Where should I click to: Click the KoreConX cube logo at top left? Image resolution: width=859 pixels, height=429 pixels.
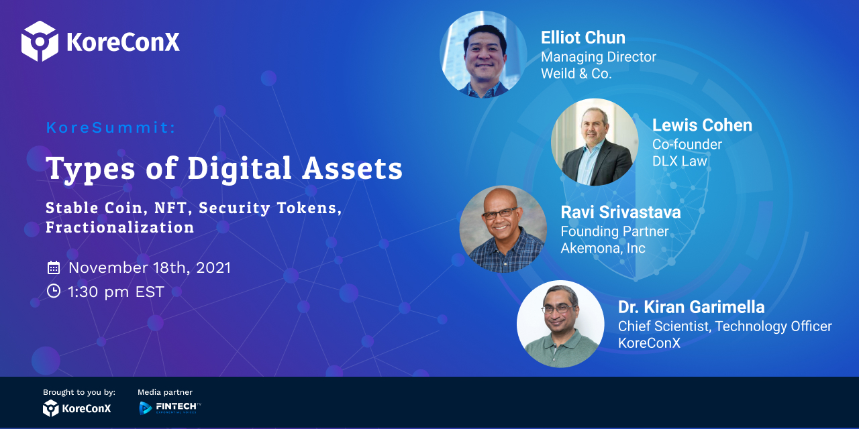point(40,41)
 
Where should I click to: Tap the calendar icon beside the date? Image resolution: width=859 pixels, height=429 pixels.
point(54,267)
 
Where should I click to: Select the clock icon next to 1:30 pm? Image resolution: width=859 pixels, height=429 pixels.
point(54,291)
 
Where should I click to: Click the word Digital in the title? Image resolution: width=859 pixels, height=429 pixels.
point(240,169)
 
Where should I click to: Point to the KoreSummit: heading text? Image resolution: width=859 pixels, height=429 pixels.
point(111,127)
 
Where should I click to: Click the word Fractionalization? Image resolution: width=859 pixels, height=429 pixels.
point(120,227)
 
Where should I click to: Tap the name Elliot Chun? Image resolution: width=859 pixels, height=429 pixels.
point(583,38)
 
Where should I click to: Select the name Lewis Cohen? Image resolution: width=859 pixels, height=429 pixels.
point(702,125)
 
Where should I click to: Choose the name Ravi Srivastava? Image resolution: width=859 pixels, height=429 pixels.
point(621,212)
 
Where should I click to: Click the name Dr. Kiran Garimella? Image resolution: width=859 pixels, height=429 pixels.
point(691,307)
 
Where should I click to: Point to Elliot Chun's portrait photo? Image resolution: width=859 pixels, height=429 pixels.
point(483,54)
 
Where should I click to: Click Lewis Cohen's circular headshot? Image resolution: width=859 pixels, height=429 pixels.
point(595,142)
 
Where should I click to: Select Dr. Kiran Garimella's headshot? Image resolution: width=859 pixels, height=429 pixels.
point(560,324)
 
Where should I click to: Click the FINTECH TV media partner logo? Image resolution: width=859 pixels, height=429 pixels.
point(170,408)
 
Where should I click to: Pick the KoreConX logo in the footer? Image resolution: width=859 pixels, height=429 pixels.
point(77,408)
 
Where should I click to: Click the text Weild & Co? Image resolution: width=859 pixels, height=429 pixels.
point(576,74)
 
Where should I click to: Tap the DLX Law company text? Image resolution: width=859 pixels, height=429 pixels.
point(680,161)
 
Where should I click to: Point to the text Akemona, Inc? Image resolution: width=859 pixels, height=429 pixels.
point(603,248)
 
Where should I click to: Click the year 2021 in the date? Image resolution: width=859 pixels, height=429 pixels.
point(213,267)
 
